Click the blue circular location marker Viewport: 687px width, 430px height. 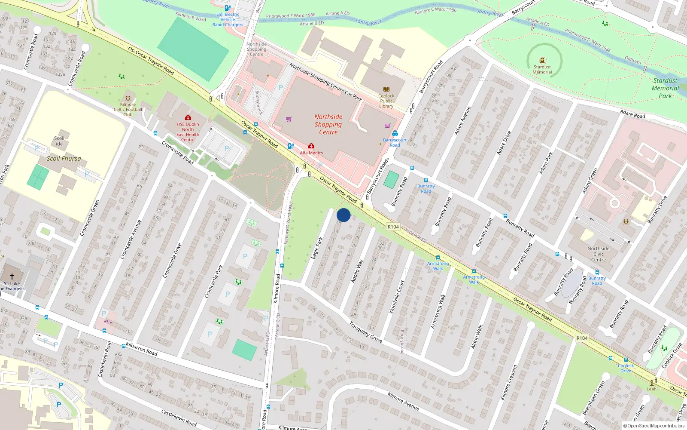pyautogui.click(x=343, y=215)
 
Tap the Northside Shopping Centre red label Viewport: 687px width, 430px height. pyautogui.click(x=328, y=124)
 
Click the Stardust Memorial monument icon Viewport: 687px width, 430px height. pyautogui.click(x=542, y=61)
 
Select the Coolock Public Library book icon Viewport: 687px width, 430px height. pyautogui.click(x=386, y=89)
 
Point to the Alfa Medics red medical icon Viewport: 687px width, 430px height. pyautogui.click(x=311, y=146)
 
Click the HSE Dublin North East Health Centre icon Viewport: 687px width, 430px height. pyautogui.click(x=188, y=117)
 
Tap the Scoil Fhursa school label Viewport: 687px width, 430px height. pyautogui.click(x=64, y=159)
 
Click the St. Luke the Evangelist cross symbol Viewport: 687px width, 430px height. pyautogui.click(x=12, y=276)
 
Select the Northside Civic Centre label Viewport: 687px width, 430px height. pyautogui.click(x=598, y=254)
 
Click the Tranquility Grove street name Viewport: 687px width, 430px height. pyautogui.click(x=365, y=332)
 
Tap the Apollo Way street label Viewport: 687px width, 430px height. pyautogui.click(x=357, y=271)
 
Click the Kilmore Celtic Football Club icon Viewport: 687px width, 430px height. pyautogui.click(x=128, y=98)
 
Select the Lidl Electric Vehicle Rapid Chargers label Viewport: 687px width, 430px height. pyautogui.click(x=228, y=19)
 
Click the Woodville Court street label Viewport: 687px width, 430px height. pyautogui.click(x=396, y=297)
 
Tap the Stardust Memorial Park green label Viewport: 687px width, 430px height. pyautogui.click(x=665, y=88)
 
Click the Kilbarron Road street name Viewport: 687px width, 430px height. pyautogui.click(x=141, y=349)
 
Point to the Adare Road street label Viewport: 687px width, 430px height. pyautogui.click(x=632, y=114)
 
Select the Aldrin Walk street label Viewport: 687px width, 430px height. pyautogui.click(x=477, y=336)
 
